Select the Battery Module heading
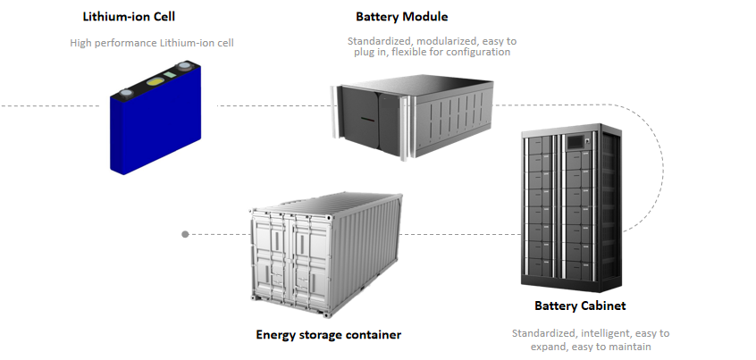[x=401, y=16]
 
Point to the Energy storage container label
[x=328, y=335]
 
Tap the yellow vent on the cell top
[x=155, y=82]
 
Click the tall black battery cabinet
[x=570, y=210]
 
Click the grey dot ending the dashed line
[x=185, y=234]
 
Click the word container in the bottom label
[x=374, y=335]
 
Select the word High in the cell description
[x=82, y=42]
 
